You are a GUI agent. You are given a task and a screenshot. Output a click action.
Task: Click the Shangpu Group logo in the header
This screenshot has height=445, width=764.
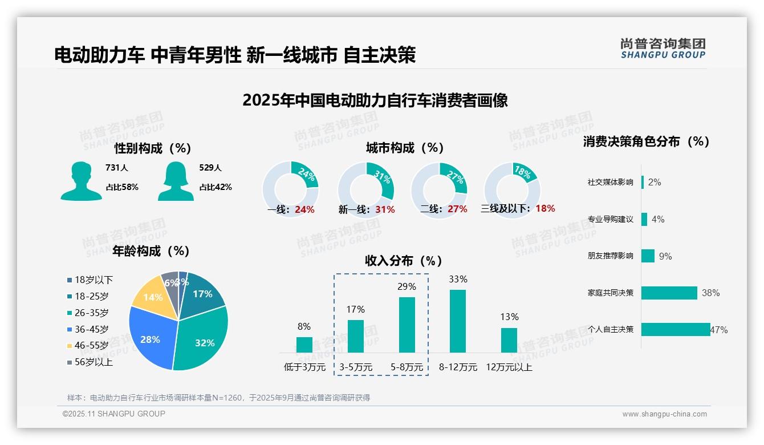click(x=663, y=48)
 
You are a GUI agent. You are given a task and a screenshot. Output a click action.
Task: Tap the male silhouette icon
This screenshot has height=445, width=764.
click(x=81, y=181)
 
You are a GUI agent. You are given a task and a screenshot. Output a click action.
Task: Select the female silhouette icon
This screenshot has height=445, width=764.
click(x=176, y=181)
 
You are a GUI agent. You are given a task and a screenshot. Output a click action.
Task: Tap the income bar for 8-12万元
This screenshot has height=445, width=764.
click(x=458, y=321)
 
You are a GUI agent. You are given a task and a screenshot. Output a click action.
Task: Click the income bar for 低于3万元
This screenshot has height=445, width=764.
click(x=304, y=345)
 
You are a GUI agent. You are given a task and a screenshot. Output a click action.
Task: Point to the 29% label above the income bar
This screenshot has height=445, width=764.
click(x=407, y=286)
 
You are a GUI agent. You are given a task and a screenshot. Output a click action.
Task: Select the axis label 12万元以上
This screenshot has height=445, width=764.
click(x=509, y=367)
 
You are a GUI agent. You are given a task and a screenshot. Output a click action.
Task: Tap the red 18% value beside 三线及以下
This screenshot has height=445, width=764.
click(x=545, y=208)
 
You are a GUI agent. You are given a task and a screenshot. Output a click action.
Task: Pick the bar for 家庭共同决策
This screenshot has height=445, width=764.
click(x=669, y=293)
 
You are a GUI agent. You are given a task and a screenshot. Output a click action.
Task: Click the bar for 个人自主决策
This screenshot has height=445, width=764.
click(x=676, y=329)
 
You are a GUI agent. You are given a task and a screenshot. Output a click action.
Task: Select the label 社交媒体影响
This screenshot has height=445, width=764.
click(x=610, y=183)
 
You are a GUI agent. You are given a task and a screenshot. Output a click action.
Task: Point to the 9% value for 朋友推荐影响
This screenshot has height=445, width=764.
click(x=665, y=256)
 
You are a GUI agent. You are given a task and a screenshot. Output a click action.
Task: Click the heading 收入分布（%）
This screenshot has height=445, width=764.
click(x=404, y=261)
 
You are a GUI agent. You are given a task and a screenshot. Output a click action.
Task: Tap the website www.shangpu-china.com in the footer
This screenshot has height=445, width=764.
click(x=664, y=414)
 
